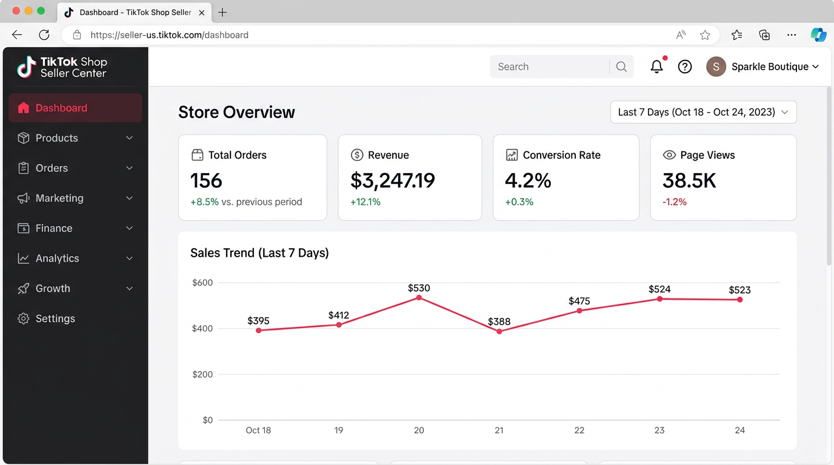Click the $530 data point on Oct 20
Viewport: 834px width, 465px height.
tap(419, 297)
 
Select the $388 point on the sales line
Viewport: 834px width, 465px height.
tap(499, 331)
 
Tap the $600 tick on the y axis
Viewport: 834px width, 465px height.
tap(202, 283)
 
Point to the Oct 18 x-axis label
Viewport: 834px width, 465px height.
tap(258, 430)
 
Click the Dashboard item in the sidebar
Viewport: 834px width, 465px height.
tap(61, 108)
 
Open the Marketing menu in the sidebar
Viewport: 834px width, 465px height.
tap(59, 198)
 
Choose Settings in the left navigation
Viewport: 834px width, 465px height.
tap(55, 318)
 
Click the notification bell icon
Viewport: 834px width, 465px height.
tap(656, 67)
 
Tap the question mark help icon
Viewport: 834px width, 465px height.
tap(685, 67)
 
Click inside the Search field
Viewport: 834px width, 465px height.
tap(549, 67)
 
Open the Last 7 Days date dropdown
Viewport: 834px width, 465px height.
tap(703, 112)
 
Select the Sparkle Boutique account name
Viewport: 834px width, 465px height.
tap(770, 67)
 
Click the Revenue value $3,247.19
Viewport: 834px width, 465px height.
tap(393, 180)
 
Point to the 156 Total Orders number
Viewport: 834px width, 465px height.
tap(206, 180)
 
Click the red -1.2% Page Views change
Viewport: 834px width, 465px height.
tap(675, 202)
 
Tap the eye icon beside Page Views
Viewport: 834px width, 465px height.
tap(669, 155)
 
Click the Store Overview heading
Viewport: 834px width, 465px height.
tap(236, 112)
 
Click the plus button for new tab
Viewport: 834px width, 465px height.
tap(222, 12)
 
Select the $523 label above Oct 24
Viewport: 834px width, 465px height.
tap(739, 290)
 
